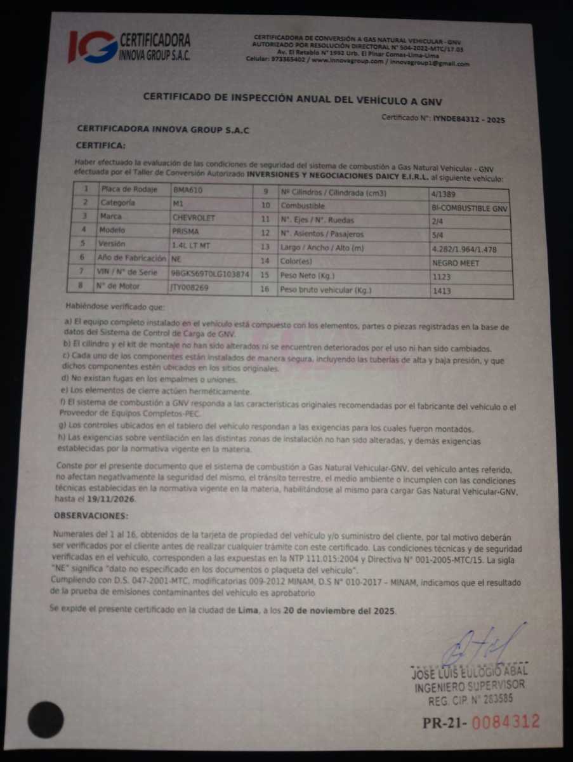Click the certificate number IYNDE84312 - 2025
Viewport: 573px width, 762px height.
[468, 119]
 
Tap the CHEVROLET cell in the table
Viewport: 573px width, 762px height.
[194, 217]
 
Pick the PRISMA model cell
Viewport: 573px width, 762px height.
[185, 231]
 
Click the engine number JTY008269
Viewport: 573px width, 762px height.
[191, 288]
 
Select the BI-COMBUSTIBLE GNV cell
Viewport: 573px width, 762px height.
[469, 208]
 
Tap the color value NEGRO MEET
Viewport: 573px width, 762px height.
[456, 263]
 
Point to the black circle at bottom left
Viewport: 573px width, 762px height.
[46, 719]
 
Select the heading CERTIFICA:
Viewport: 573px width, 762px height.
[100, 145]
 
